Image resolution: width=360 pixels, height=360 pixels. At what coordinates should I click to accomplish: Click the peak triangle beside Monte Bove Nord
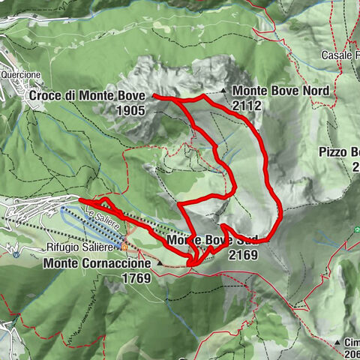224,91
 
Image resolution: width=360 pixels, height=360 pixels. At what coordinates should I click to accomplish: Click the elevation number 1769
134,278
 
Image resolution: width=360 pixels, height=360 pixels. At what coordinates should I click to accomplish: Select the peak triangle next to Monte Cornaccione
159,264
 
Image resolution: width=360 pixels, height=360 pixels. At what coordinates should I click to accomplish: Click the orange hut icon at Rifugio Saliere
124,245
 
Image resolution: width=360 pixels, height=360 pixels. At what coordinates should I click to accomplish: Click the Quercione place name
19,75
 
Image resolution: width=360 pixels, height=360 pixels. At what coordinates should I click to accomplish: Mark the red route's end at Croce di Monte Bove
154,96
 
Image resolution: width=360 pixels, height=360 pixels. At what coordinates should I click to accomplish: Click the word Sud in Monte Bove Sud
247,240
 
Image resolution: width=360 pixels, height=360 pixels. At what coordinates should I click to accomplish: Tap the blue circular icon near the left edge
16,255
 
